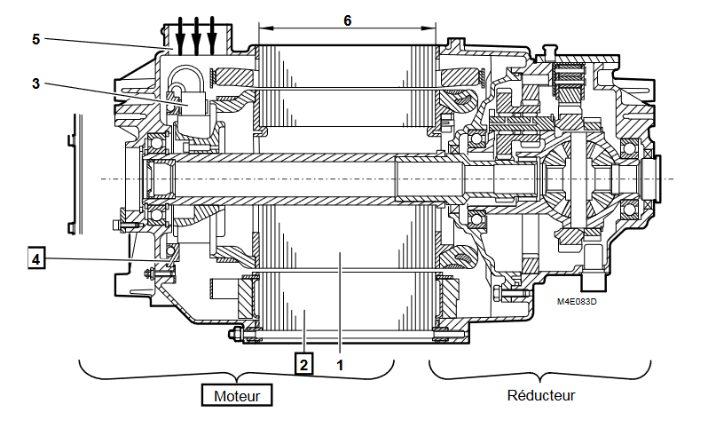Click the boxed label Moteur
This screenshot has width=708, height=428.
pos(237,395)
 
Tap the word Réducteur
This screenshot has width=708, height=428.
pos(539,394)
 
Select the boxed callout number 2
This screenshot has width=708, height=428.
pos(303,362)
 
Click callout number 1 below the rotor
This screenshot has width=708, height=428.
pos(340,362)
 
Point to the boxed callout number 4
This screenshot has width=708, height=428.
pos(35,259)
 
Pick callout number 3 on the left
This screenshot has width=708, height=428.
pos(35,83)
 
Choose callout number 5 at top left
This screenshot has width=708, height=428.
pos(35,39)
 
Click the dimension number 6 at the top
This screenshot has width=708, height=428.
pos(348,20)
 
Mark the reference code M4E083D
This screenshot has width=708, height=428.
pos(577,302)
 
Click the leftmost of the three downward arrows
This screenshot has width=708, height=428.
pos(181,34)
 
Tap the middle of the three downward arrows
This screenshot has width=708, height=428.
pos(196,34)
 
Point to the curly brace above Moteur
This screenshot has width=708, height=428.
pos(237,372)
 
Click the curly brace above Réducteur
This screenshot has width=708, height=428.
pos(539,372)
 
